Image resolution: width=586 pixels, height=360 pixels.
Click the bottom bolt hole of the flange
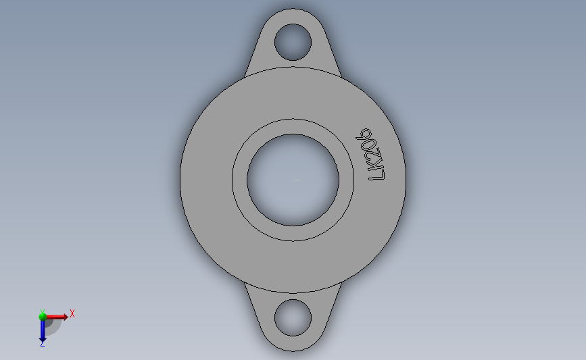(x=293, y=317)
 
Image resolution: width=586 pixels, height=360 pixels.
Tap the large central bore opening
(x=293, y=179)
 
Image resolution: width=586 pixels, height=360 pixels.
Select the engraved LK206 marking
(x=373, y=155)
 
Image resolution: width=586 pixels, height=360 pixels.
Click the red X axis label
(x=72, y=313)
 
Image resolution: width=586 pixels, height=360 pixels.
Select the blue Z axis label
(x=42, y=344)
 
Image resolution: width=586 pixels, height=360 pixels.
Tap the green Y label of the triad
(x=42, y=311)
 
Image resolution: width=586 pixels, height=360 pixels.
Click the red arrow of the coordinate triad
(x=55, y=316)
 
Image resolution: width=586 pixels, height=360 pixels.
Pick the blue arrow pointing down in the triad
(x=43, y=329)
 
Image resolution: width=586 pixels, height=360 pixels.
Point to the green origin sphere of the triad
(x=43, y=316)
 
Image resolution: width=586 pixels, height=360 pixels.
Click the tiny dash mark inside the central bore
(x=295, y=180)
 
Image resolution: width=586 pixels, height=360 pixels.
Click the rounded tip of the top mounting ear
(x=293, y=11)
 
